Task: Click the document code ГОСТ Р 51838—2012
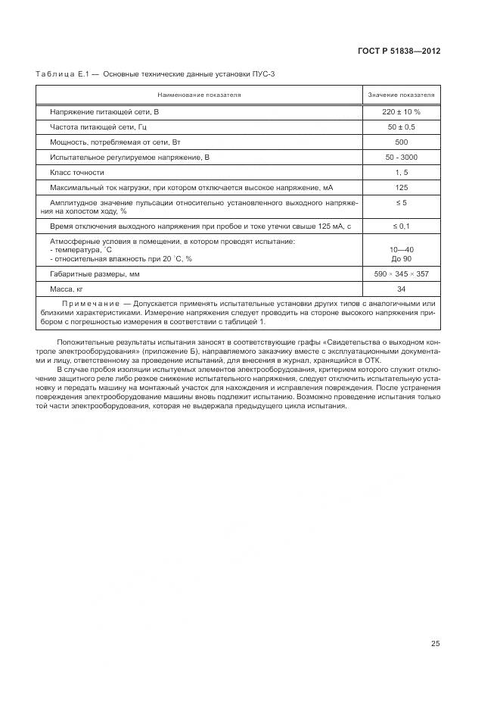pos(399,52)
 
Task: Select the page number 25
pos(435,644)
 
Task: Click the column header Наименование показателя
pos(199,95)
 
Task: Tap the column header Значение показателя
pos(401,95)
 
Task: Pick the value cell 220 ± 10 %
pos(401,111)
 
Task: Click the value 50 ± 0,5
pos(401,126)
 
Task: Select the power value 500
pos(401,142)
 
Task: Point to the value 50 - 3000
pos(401,157)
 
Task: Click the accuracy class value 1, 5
pos(401,172)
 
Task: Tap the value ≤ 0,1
pos(401,226)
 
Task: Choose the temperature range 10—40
pos(401,249)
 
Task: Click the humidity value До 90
pos(401,258)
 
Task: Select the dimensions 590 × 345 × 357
pos(401,273)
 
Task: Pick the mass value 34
pos(401,289)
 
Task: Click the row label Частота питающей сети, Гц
pos(104,126)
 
